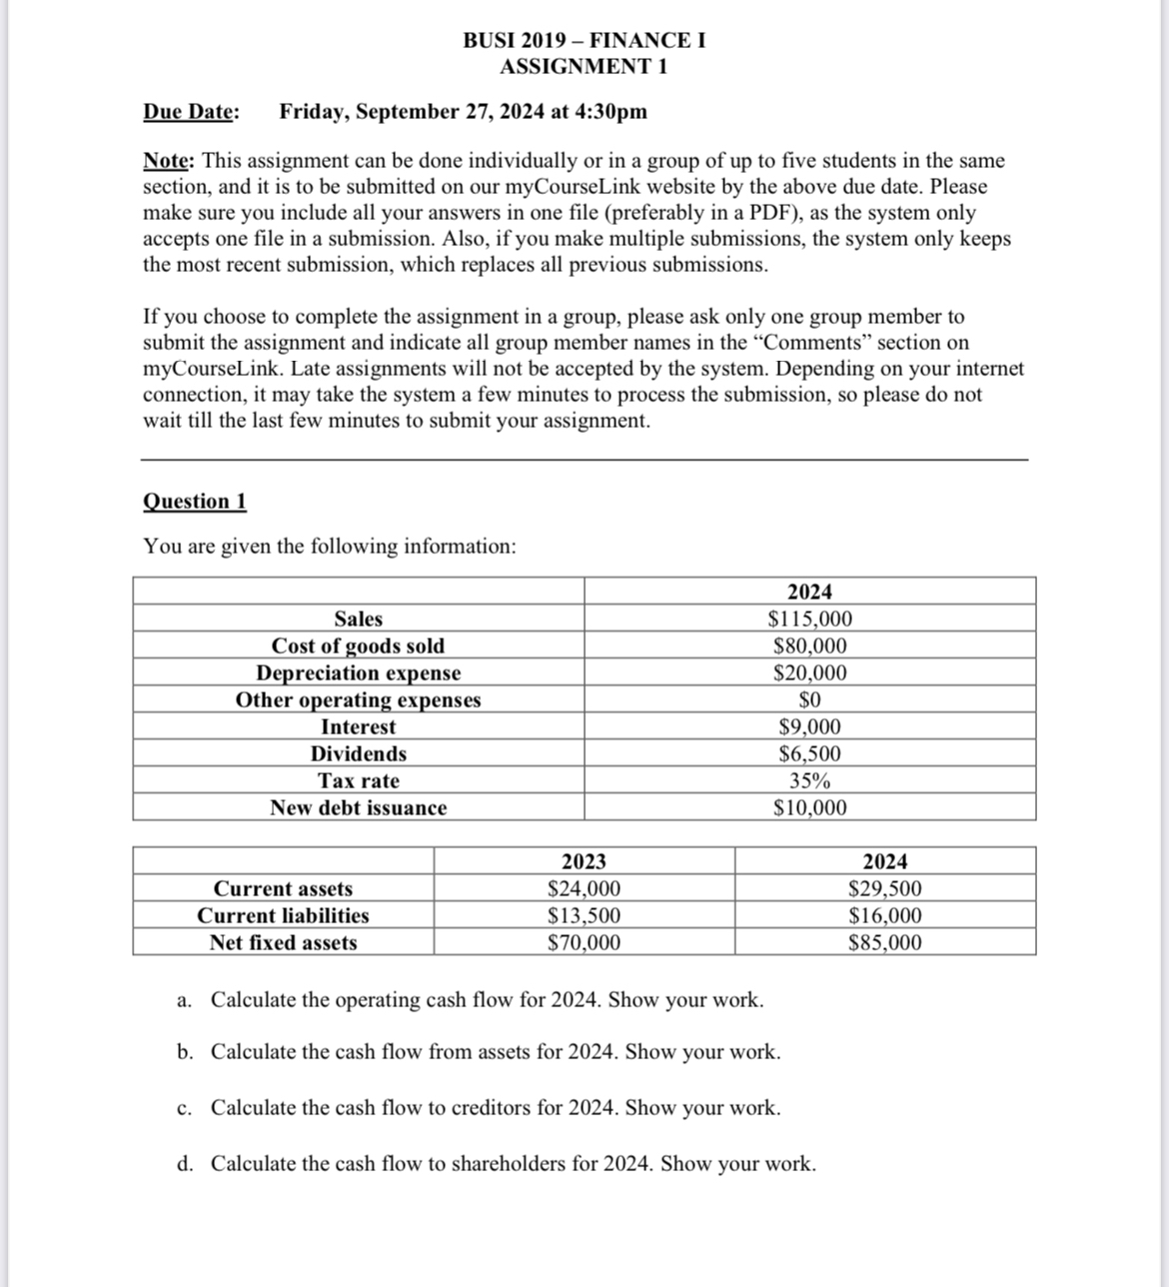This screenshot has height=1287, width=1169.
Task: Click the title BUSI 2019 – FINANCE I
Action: click(584, 41)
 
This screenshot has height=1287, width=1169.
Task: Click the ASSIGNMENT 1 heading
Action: click(584, 67)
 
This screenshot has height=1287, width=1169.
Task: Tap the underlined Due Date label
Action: click(191, 111)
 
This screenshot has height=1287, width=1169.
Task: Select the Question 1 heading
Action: click(195, 502)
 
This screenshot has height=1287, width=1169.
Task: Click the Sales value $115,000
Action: click(809, 619)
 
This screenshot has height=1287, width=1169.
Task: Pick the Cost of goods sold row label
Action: click(358, 645)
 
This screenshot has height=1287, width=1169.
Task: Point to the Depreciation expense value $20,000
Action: click(809, 672)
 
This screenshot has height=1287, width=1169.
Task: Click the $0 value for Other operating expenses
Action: click(809, 699)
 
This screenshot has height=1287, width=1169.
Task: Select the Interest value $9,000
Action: click(809, 726)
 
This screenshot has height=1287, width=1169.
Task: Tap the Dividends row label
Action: click(358, 753)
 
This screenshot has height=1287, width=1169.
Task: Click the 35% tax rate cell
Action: click(809, 780)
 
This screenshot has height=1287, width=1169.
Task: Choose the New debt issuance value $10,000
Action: click(809, 807)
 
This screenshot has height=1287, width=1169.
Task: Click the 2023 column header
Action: click(584, 861)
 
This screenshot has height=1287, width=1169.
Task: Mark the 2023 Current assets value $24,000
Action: click(584, 888)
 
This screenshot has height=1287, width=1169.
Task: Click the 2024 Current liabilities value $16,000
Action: click(885, 915)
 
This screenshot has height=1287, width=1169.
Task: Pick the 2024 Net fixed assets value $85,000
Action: click(885, 942)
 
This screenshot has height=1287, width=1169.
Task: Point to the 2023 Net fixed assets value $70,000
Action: click(584, 942)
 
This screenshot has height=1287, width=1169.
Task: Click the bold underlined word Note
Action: click(169, 161)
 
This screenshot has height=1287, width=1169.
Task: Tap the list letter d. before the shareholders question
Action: click(185, 1164)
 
